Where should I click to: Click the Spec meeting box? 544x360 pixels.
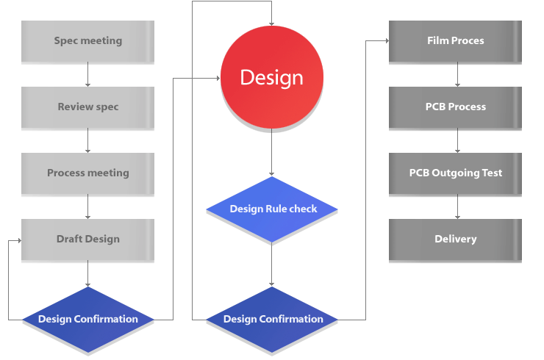(x=88, y=41)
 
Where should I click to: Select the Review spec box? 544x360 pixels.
(x=88, y=107)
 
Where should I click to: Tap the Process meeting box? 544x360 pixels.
(x=88, y=173)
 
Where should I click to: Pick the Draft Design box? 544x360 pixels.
(x=88, y=240)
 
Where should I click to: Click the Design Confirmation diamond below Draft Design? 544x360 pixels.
(x=88, y=319)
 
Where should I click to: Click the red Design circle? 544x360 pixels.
(x=272, y=77)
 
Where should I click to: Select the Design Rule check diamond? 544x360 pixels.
(x=272, y=209)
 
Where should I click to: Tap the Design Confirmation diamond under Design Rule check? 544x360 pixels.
(x=272, y=319)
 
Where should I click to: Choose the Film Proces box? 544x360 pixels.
(x=456, y=41)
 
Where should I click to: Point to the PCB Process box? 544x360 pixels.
(x=456, y=107)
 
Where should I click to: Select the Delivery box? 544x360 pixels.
(x=456, y=240)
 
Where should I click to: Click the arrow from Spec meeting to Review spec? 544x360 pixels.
(x=88, y=74)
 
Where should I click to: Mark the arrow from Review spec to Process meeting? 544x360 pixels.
(x=88, y=140)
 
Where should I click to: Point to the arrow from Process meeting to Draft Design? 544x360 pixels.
(x=88, y=206)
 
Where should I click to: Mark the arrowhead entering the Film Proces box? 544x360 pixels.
(x=386, y=41)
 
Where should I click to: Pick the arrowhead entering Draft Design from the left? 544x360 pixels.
(x=18, y=240)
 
